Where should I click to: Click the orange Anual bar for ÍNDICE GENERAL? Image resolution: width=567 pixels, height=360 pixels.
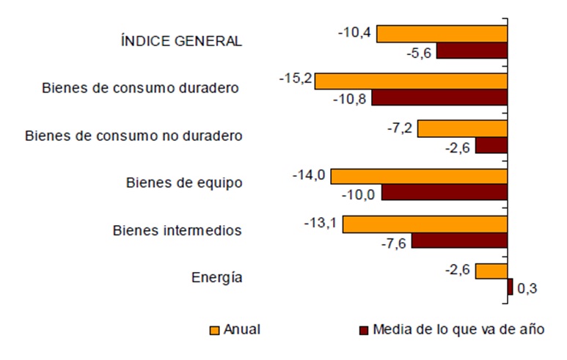point(442,33)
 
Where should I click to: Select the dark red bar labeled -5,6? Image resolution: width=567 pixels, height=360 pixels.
point(472,51)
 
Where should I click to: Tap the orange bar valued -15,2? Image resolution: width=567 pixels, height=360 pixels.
point(411,81)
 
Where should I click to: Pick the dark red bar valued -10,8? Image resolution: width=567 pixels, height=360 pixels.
point(439,98)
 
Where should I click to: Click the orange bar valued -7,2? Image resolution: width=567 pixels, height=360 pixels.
point(462,128)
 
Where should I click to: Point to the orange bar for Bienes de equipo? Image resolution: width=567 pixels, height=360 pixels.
point(419,176)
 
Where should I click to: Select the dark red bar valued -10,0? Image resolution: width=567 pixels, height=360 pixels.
point(445,193)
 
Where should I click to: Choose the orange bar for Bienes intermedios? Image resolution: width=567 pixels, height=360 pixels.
point(425,224)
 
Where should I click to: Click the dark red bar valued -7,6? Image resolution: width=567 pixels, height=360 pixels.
point(460,240)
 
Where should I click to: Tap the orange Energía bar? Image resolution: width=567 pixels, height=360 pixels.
point(491,271)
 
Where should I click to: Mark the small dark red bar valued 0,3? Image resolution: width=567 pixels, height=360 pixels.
point(511,287)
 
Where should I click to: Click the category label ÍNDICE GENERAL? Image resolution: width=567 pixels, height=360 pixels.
point(181,41)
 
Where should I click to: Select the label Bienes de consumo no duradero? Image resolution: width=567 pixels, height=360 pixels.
point(133,136)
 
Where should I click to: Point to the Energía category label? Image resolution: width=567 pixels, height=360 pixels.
point(216,277)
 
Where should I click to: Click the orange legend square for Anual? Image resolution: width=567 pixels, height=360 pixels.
point(214,331)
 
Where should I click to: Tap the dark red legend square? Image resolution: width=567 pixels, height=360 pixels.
point(363,331)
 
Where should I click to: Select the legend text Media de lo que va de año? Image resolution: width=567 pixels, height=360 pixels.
point(458,330)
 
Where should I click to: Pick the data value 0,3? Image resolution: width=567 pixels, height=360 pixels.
point(527,289)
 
